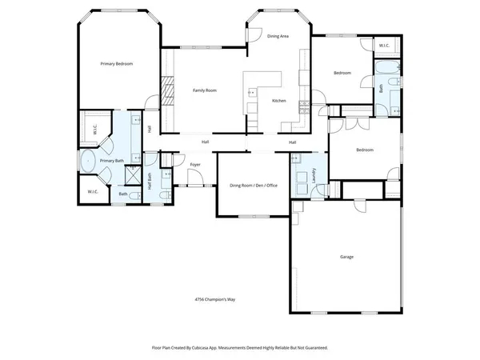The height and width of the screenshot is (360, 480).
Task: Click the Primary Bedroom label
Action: click(116, 63)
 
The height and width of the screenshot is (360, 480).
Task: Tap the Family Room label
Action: click(206, 90)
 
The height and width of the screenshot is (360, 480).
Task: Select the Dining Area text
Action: click(278, 36)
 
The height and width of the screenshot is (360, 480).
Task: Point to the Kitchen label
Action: click(278, 101)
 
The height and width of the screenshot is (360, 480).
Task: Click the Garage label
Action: click(346, 257)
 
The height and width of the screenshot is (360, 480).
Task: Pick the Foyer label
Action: click(194, 165)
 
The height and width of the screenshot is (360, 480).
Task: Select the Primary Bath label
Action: click(112, 161)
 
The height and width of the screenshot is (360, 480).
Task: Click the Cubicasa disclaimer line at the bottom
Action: click(240, 348)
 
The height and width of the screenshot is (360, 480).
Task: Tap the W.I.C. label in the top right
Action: click(383, 46)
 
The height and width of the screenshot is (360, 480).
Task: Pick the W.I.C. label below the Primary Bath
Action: click(92, 192)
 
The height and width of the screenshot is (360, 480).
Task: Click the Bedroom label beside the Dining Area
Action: click(342, 74)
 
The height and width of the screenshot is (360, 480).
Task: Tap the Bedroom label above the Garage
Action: click(364, 150)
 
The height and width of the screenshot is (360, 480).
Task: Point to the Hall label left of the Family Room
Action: click(149, 128)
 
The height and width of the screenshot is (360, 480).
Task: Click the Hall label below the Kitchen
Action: click(293, 142)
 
